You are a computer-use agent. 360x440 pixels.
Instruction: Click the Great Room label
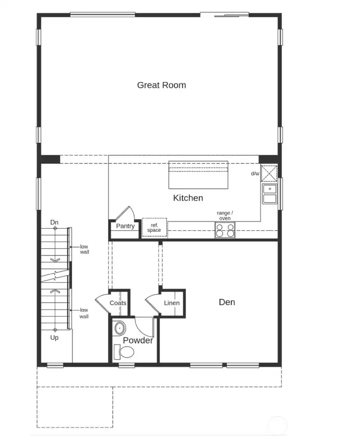point(161,85)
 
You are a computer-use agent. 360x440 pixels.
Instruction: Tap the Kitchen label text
point(188,198)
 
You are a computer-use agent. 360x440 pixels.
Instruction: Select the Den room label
point(227,302)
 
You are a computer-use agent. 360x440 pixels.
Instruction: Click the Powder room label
point(138,341)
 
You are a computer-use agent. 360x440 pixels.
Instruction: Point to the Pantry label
point(125,226)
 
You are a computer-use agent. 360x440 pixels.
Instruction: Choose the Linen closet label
point(171,303)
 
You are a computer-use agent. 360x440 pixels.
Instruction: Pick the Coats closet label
point(118,303)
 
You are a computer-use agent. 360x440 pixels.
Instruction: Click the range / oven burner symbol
point(225,230)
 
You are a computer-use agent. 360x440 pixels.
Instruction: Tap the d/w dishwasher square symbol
point(270,174)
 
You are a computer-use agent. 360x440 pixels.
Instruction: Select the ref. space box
point(154,228)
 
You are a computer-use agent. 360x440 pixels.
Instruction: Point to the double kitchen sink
point(270,194)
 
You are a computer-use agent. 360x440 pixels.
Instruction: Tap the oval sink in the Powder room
point(120,329)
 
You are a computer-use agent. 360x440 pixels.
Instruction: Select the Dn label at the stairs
point(54,222)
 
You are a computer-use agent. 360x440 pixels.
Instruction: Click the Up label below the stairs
point(54,338)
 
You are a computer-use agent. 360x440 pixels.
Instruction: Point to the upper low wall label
point(84,249)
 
